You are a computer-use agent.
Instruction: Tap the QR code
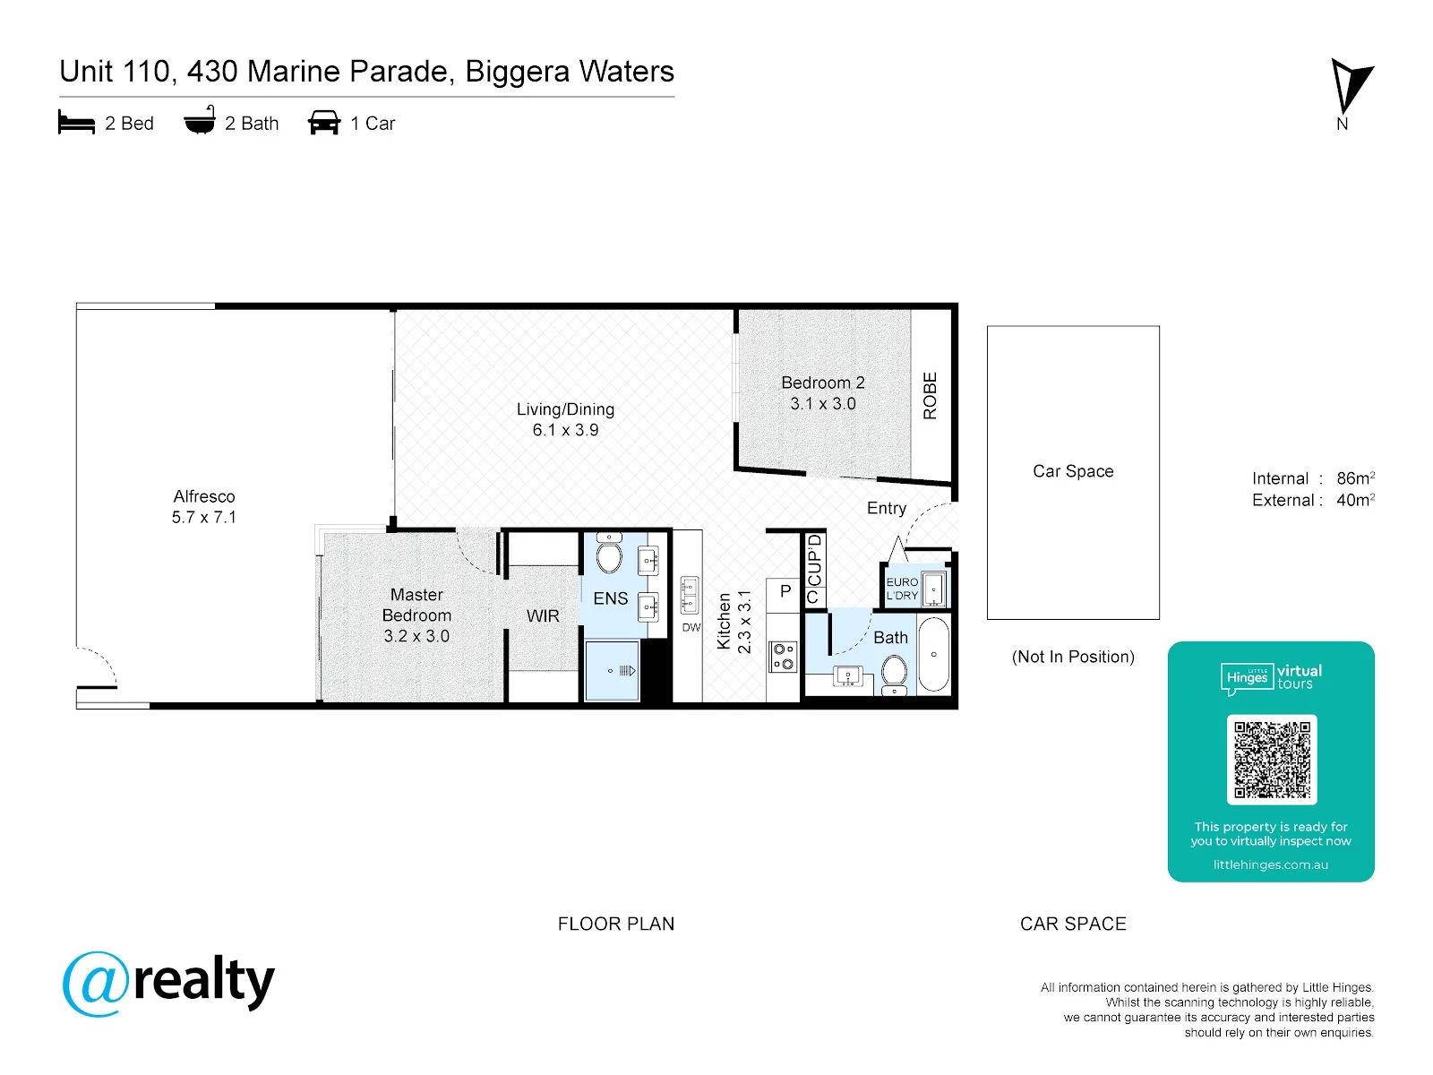(1271, 759)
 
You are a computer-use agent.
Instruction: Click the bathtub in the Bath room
(933, 654)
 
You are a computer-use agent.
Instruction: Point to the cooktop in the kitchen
(783, 657)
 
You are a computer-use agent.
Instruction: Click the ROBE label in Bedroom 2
(930, 396)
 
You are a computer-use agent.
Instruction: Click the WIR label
(543, 615)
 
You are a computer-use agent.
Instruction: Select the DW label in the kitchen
(691, 627)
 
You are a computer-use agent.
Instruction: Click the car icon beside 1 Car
(324, 122)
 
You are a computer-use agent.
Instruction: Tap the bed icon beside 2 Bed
(76, 122)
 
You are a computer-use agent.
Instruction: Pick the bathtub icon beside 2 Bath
(199, 119)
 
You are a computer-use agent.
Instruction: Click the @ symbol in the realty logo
(96, 984)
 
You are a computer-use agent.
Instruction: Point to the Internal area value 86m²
(1355, 477)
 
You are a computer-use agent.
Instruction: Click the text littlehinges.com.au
(1270, 864)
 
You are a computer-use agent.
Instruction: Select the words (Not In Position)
(1073, 657)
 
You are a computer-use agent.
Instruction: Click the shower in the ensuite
(612, 671)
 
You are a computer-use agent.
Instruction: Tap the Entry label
(886, 509)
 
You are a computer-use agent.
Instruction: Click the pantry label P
(785, 590)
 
